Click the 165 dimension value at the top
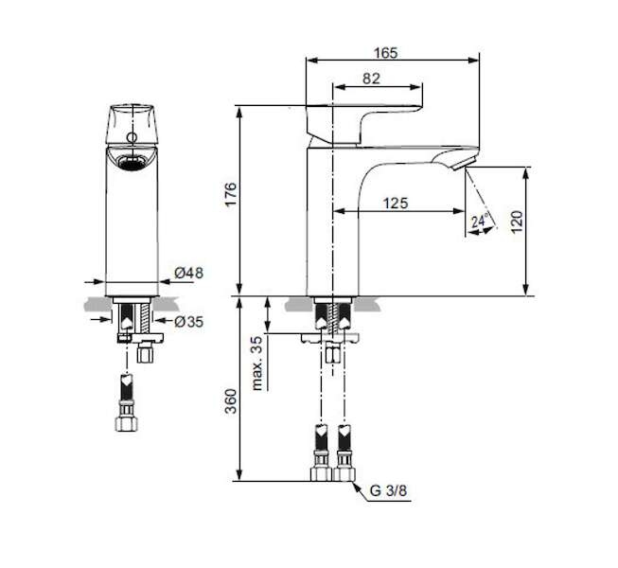point(386,53)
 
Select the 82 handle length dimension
point(371,79)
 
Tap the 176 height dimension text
point(231,193)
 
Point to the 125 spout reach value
point(396,203)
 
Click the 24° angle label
point(480,220)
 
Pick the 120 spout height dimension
point(517,222)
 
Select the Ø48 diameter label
point(188,273)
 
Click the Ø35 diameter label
point(188,322)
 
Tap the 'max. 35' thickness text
point(257,363)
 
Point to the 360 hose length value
point(231,401)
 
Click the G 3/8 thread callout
point(388,490)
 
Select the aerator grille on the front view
point(132,162)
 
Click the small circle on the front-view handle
point(132,137)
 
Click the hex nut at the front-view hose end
point(127,423)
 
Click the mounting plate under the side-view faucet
point(330,338)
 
